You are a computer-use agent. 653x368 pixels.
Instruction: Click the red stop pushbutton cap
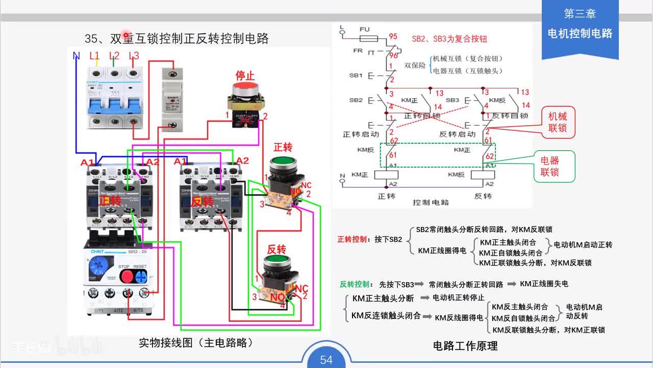tap(245, 90)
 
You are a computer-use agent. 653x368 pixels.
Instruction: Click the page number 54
tap(326, 360)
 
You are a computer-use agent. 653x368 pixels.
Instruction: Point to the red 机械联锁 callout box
tap(558, 123)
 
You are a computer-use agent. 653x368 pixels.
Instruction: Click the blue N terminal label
tap(77, 56)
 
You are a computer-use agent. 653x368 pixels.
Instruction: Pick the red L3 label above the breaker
tap(134, 56)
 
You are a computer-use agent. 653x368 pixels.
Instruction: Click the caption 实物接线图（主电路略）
tap(196, 342)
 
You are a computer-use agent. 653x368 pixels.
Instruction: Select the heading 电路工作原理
tap(465, 346)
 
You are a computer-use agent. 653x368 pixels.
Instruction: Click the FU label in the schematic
tap(364, 30)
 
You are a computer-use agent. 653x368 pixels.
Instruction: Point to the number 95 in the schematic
tap(393, 37)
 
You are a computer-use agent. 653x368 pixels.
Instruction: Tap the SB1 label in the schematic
tap(356, 75)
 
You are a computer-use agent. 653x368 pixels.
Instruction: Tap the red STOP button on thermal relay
tap(127, 277)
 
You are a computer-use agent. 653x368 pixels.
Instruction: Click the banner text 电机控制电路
tap(580, 33)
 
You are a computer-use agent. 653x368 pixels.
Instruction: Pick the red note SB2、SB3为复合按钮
tap(449, 39)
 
